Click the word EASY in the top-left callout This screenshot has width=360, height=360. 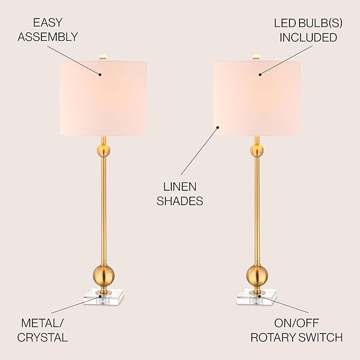48,22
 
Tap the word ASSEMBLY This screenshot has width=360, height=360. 48,37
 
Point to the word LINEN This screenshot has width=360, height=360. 180,187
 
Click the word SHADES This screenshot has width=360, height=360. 180,201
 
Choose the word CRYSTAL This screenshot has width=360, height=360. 42,337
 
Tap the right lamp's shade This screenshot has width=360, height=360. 257,98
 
